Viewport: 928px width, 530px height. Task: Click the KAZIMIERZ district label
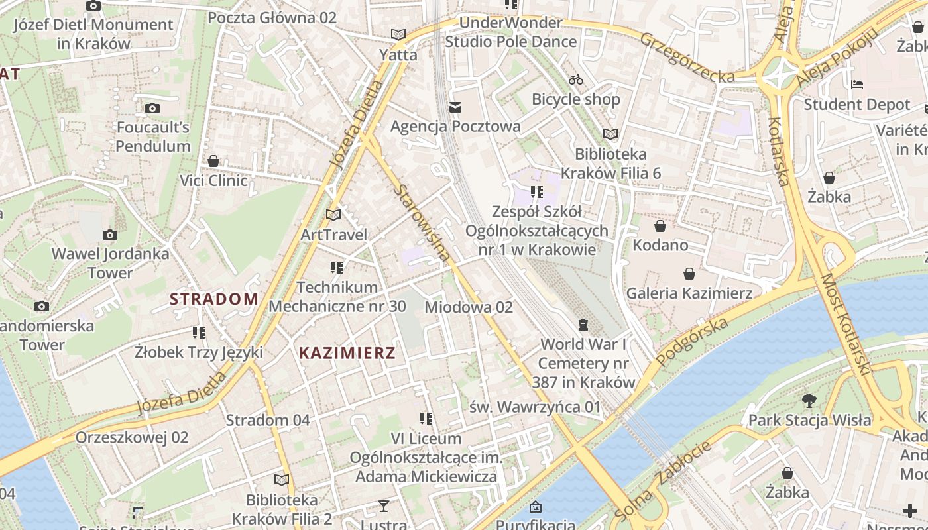tap(347, 353)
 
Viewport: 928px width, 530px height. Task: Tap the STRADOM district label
tap(213, 299)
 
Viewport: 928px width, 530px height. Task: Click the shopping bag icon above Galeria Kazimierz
tap(689, 273)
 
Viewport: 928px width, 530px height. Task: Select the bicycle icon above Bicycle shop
tap(576, 79)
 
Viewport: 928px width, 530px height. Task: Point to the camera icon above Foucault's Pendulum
tap(152, 108)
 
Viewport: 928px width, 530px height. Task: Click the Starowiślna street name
tap(423, 222)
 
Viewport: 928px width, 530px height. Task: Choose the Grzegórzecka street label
tap(687, 58)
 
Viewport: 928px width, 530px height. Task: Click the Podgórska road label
tap(693, 341)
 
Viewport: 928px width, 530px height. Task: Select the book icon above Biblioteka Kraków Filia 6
tap(610, 134)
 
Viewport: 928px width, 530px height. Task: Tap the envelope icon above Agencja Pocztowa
tap(455, 107)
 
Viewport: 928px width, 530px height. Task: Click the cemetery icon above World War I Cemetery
tap(583, 325)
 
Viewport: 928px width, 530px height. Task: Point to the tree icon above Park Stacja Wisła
tap(809, 400)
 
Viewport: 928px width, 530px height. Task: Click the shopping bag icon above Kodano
tap(660, 226)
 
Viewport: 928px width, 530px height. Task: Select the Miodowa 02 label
tap(469, 307)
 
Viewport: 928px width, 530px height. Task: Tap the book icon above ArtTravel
tap(333, 215)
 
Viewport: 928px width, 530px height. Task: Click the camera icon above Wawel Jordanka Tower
tap(110, 235)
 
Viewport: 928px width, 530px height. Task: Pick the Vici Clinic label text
tap(213, 180)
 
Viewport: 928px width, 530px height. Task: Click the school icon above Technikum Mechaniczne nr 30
tap(337, 268)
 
